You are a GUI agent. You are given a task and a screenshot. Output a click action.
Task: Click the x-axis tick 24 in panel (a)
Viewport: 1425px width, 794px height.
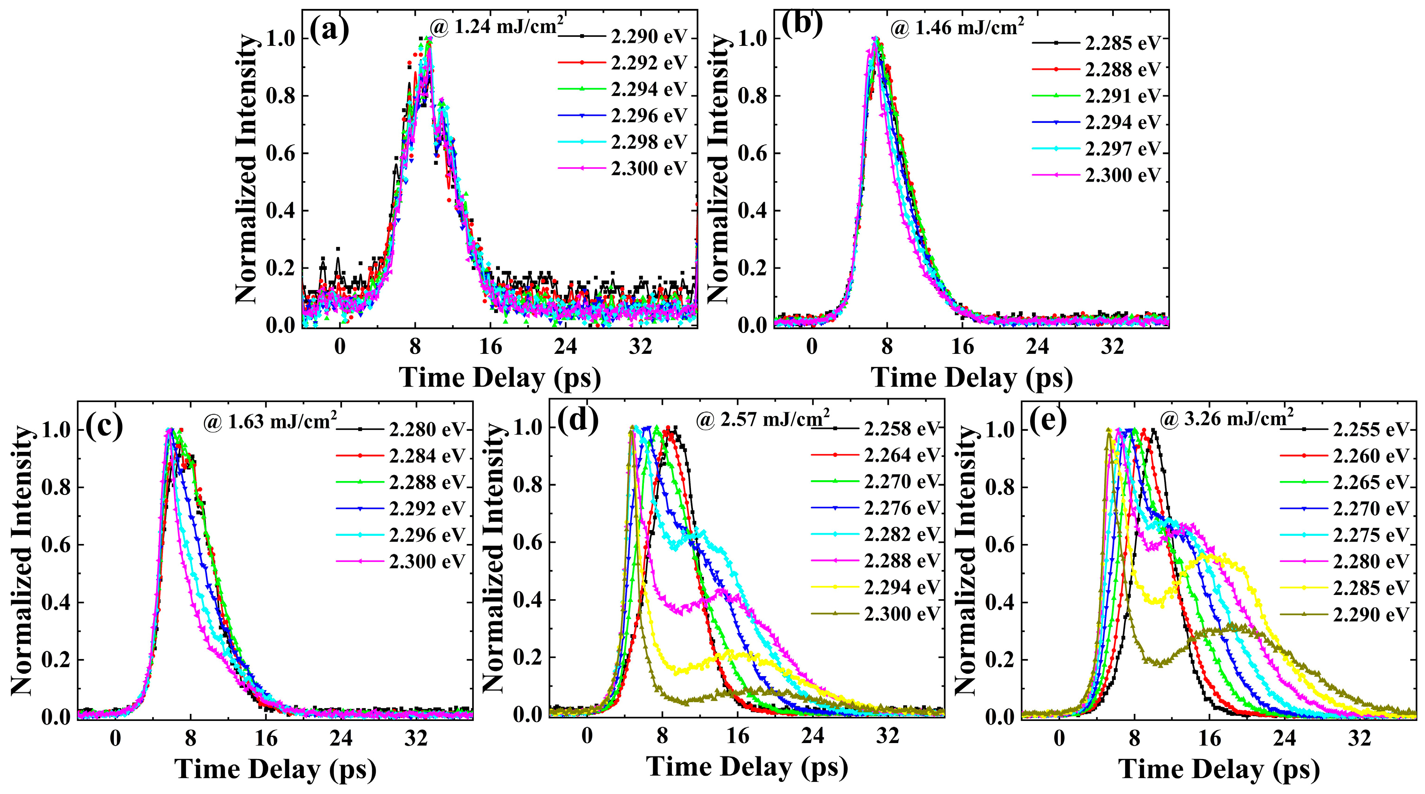point(565,347)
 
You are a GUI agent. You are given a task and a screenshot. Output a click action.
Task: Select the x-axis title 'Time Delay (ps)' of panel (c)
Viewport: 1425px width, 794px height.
point(275,769)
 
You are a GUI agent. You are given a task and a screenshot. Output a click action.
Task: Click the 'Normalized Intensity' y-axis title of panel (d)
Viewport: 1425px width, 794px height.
point(494,558)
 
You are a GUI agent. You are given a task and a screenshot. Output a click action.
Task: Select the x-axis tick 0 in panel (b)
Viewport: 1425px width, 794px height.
point(812,347)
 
